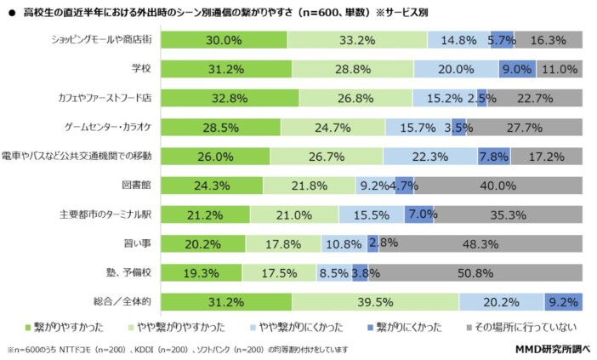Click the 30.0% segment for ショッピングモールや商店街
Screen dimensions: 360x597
point(224,39)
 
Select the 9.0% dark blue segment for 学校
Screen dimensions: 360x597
point(517,70)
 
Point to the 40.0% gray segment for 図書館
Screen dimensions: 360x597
point(498,186)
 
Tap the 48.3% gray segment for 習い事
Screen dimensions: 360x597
point(480,244)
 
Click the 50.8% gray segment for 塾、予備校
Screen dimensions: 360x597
point(475,273)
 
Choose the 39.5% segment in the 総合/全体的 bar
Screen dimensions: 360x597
point(375,302)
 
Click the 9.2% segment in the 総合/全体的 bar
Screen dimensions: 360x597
point(563,302)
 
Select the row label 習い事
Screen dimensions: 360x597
point(139,244)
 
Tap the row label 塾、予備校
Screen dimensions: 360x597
point(131,273)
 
